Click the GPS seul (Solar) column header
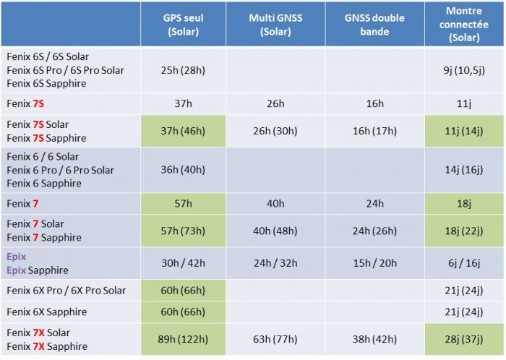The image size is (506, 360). pyautogui.click(x=183, y=25)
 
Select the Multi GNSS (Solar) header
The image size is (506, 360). pyautogui.click(x=275, y=25)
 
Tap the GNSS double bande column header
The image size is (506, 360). pyautogui.click(x=374, y=25)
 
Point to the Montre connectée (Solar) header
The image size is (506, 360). pyautogui.click(x=463, y=25)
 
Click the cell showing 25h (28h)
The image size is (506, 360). pyautogui.click(x=183, y=70)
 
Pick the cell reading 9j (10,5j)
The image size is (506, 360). pyautogui.click(x=463, y=70)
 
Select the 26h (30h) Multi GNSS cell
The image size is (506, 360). pyautogui.click(x=275, y=131)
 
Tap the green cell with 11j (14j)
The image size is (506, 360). pyautogui.click(x=463, y=131)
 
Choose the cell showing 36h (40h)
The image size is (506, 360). pyautogui.click(x=183, y=170)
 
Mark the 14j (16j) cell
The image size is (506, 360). pyautogui.click(x=463, y=170)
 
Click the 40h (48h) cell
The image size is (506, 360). pyautogui.click(x=275, y=231)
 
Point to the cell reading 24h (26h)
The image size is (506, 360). pyautogui.click(x=374, y=231)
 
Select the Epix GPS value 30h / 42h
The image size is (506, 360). pyautogui.click(x=183, y=263)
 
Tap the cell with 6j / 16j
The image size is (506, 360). pyautogui.click(x=463, y=263)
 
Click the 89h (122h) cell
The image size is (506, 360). pyautogui.click(x=183, y=339)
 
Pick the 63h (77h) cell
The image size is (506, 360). pyautogui.click(x=275, y=339)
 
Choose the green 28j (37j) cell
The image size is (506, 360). pyautogui.click(x=463, y=339)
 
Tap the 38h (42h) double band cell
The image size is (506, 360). pyautogui.click(x=374, y=339)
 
